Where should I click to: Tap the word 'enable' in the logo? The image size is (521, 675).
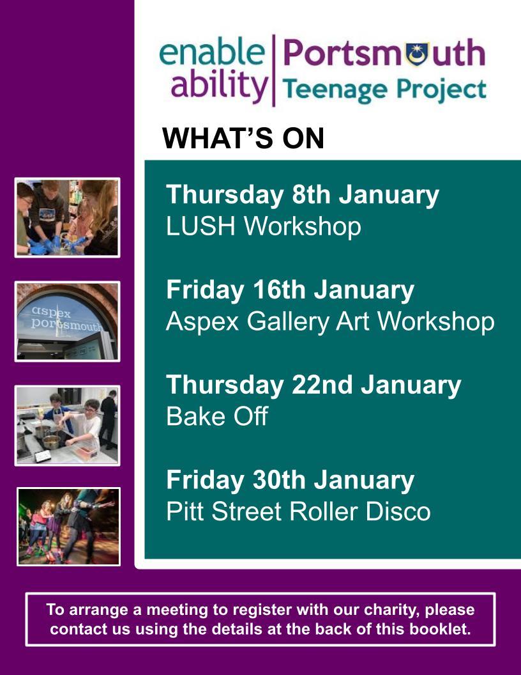213,52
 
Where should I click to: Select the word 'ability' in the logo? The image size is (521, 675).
220,84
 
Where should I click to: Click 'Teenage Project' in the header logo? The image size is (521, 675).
384,90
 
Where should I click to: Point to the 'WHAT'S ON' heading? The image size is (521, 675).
243,139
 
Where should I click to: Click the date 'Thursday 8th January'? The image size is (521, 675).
303,194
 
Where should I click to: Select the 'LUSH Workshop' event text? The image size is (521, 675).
264,226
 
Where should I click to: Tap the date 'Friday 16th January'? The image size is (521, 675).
290,290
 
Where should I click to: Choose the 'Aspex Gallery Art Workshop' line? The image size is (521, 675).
330,322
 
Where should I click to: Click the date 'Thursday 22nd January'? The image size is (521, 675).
313,385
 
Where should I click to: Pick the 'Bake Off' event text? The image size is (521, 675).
217,416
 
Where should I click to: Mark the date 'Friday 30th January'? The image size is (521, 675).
290,480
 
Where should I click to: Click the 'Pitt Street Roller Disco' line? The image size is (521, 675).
298,511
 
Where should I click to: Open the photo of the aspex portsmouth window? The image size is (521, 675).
68,322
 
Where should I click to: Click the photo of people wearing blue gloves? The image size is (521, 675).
68,218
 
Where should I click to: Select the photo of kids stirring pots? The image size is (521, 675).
68,426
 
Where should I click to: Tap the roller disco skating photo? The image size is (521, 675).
69,527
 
